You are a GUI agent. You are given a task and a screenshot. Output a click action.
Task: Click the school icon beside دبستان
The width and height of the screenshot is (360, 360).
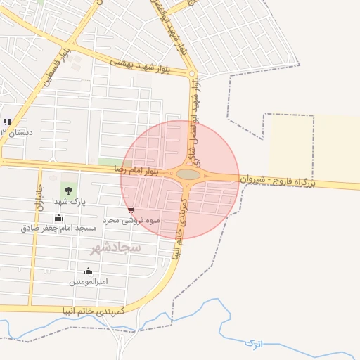[7, 122]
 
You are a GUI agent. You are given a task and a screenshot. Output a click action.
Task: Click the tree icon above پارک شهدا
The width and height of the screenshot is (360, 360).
[68, 190]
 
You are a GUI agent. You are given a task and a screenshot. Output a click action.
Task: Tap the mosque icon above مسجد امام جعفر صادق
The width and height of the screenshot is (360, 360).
[58, 217]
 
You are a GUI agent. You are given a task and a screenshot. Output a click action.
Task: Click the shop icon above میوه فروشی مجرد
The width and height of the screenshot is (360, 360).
[131, 210]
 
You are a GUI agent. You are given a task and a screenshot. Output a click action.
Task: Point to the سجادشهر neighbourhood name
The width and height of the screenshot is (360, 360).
[116, 247]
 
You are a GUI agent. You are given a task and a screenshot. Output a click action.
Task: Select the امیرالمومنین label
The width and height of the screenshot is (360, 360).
[88, 281]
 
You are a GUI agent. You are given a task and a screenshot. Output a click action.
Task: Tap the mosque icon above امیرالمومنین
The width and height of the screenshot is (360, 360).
[88, 271]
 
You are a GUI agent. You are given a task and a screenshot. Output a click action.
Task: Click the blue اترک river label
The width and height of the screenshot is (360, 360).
[252, 344]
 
